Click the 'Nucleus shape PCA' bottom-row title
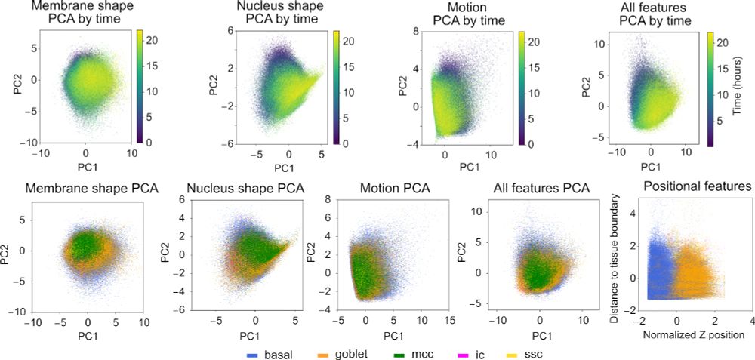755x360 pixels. [243, 188]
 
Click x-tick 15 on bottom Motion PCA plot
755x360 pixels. [448, 318]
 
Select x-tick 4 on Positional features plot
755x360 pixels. [752, 318]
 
